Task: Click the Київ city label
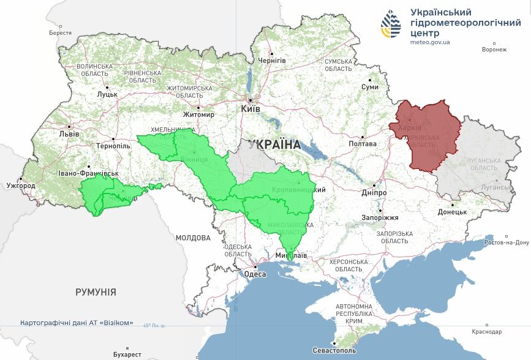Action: coord(251,108)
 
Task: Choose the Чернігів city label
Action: coord(272,61)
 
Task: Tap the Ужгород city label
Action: coord(21,185)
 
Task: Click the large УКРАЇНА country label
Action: coord(274,145)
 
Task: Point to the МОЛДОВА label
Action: coord(193,238)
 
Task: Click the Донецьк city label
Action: coord(452,212)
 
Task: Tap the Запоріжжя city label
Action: coord(380,217)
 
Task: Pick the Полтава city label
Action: coord(362,144)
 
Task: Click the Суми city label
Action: coord(370,87)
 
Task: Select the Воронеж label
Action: coord(494,50)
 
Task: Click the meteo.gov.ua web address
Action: coord(430,42)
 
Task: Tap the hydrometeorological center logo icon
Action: coord(391,23)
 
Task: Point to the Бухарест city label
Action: coord(127,354)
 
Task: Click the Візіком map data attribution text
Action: coord(77,323)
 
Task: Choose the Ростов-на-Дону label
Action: coord(506,242)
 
